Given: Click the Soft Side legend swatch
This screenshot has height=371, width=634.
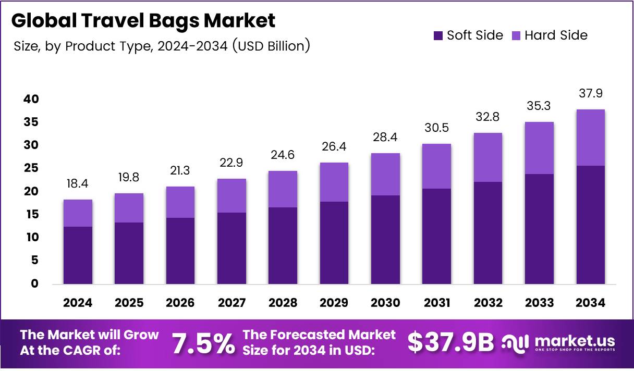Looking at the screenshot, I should click(x=438, y=35).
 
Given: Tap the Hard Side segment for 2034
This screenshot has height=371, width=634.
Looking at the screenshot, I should click(x=590, y=138).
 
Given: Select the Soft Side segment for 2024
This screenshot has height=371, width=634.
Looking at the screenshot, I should click(x=78, y=255).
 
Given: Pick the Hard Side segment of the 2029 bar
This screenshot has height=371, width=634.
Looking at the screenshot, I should click(x=334, y=182).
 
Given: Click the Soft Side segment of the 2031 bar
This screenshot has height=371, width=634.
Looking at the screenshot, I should click(x=436, y=236).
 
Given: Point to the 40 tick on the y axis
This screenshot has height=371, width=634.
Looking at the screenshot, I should click(x=31, y=99).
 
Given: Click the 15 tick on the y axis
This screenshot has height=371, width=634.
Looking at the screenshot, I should click(x=31, y=214).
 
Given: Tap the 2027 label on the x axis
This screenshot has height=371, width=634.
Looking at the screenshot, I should click(x=231, y=303).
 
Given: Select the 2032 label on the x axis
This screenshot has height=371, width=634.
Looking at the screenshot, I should click(x=487, y=303).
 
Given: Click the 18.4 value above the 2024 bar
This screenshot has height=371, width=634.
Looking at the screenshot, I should click(x=78, y=184).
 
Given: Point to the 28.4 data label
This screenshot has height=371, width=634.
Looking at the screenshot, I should click(x=385, y=138).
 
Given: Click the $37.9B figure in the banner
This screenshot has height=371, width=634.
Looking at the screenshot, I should click(x=450, y=342).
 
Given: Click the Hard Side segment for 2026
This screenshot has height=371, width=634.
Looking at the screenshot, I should click(x=180, y=202).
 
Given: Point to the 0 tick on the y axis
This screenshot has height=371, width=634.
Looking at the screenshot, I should click(x=34, y=283).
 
